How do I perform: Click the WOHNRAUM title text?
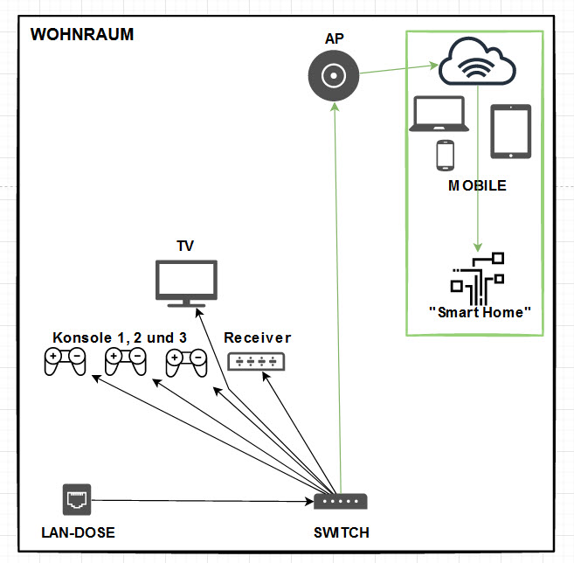(82, 35)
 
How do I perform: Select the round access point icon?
(334, 77)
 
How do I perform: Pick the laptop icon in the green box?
(439, 115)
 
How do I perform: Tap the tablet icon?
(510, 131)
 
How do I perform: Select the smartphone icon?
(446, 156)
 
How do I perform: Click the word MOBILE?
(477, 186)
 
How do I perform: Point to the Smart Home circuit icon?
(478, 277)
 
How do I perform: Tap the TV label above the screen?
(185, 247)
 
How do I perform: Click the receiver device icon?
(256, 360)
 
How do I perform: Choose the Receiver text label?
(257, 337)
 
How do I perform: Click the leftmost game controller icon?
(66, 361)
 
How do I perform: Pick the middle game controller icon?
(125, 361)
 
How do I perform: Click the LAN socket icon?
(77, 499)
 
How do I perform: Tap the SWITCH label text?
(341, 532)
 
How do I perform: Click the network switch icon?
(341, 502)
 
